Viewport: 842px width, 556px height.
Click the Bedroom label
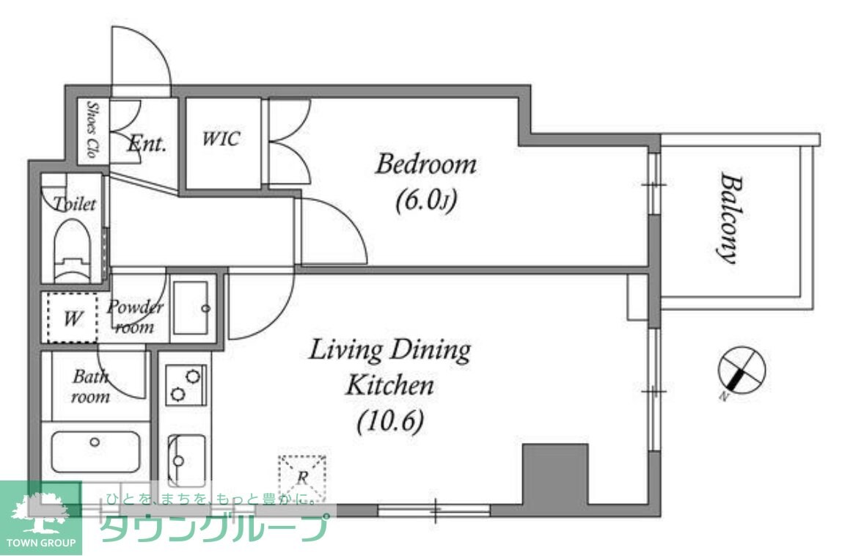[x=425, y=164]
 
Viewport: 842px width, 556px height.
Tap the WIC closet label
[x=221, y=139]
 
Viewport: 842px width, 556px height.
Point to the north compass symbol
[x=741, y=370]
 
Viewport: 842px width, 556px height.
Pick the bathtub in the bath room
[x=95, y=451]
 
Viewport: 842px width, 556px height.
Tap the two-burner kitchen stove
[x=186, y=384]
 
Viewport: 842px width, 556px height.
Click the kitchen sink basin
[x=186, y=459]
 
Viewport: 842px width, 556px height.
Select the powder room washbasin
[x=192, y=308]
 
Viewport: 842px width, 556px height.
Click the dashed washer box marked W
[x=72, y=318]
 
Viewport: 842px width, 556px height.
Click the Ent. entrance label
[x=147, y=144]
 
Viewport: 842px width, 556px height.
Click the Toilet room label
[x=75, y=204]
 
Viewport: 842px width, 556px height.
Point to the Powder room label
[x=135, y=316]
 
